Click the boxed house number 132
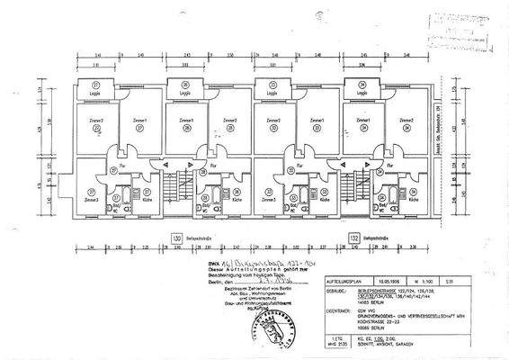[354, 238]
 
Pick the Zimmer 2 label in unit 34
[407, 121]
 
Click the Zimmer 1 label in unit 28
[186, 121]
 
